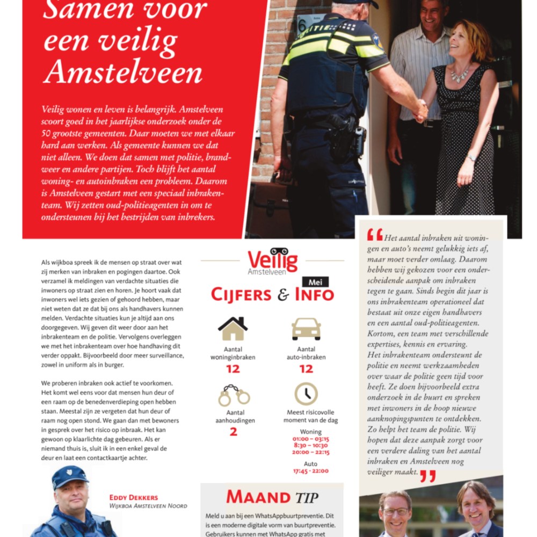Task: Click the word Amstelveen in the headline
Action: click(x=123, y=72)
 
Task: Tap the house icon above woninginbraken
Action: click(x=233, y=328)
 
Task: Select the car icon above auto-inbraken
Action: click(x=306, y=329)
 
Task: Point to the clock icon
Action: click(x=306, y=394)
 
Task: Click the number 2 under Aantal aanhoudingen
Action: click(x=233, y=431)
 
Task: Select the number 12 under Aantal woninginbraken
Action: click(x=233, y=369)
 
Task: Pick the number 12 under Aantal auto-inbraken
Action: click(x=306, y=369)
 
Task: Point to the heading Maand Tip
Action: click(x=272, y=497)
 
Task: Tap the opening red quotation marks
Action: click(x=375, y=235)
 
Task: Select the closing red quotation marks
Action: click(x=427, y=475)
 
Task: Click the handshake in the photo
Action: click(x=419, y=110)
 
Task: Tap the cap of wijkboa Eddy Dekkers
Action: click(x=70, y=475)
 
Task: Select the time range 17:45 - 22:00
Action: click(x=310, y=471)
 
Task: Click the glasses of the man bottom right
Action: click(x=396, y=511)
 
